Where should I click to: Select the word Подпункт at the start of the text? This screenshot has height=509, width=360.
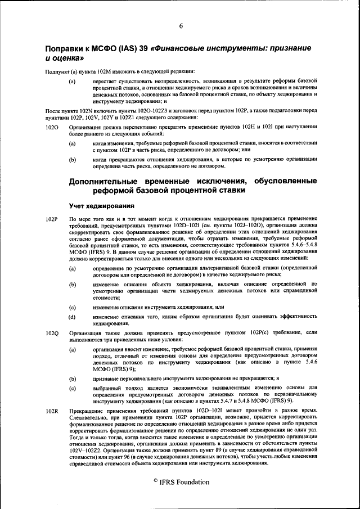click(x=57, y=71)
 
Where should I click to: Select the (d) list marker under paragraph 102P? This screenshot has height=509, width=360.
click(x=73, y=317)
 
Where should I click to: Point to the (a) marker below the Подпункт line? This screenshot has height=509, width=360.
click(x=73, y=82)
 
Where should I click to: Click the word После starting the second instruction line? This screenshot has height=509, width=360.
click(x=55, y=111)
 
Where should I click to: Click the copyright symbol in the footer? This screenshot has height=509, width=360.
click(x=156, y=481)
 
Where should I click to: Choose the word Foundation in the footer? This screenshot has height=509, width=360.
click(x=191, y=483)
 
